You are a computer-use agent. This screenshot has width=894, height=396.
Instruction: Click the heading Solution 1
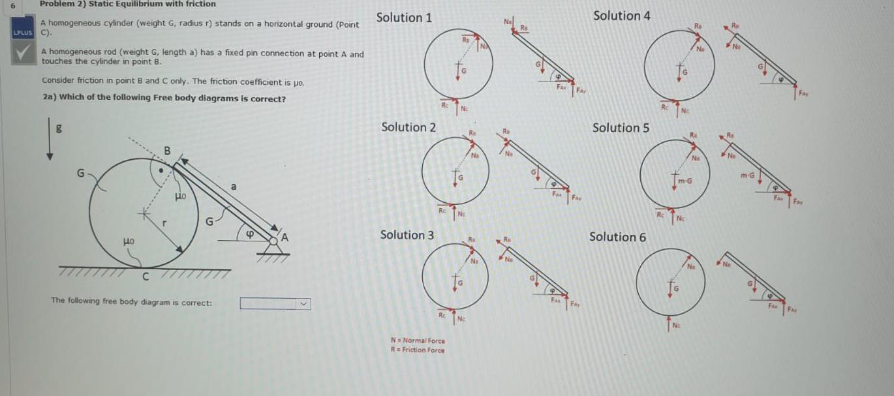coord(404,18)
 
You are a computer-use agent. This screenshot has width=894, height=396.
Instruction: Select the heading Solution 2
coord(408,127)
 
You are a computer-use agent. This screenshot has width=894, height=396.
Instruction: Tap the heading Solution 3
coord(407,235)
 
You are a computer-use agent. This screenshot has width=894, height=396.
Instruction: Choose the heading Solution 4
coord(621,16)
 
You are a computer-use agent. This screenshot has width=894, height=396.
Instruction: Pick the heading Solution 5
coord(620,128)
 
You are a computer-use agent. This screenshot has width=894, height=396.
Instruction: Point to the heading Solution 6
coord(617,237)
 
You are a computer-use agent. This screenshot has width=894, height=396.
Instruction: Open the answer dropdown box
coord(275,303)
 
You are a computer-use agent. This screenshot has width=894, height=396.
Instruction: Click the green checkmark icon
coord(25,53)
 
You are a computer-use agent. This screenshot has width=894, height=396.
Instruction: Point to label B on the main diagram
coord(167,151)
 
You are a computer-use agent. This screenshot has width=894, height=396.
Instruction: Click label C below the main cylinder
coord(146,278)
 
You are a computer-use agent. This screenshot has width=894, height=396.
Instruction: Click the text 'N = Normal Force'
coord(417,341)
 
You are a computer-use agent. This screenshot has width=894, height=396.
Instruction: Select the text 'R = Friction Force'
coord(417,350)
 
